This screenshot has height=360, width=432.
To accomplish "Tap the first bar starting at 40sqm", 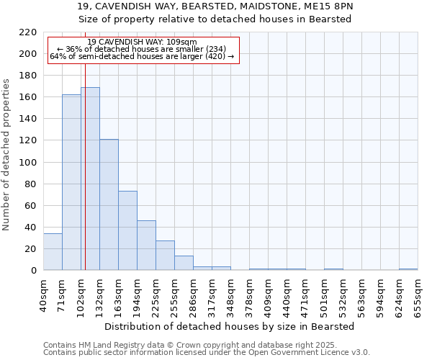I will tap(53, 252).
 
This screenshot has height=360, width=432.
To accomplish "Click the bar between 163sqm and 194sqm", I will tap(127, 230).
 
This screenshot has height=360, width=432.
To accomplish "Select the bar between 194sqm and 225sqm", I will tap(146, 246).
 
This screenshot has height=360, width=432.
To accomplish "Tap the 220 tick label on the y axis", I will tap(28, 32).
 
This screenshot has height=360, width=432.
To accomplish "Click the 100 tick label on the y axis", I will tap(28, 163).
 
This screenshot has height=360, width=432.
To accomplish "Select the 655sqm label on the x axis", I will tap(418, 295).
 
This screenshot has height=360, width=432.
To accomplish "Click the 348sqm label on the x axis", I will tap(230, 295).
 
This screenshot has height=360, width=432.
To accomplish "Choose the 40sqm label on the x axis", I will tap(43, 294).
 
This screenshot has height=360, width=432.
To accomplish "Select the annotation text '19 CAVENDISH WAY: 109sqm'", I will tap(142, 42).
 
